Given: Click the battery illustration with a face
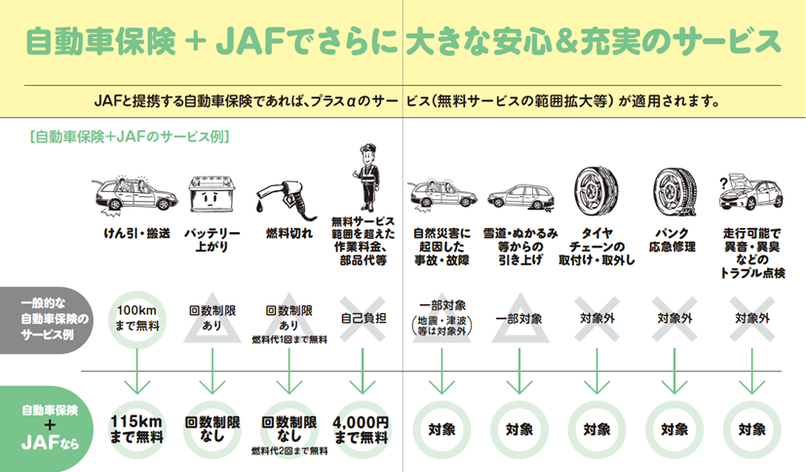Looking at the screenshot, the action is (x=212, y=194).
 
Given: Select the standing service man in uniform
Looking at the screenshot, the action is (x=366, y=177).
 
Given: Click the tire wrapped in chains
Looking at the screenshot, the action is (x=596, y=191).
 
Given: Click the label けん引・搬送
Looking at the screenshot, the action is (x=136, y=233).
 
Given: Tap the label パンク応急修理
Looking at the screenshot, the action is (x=672, y=240).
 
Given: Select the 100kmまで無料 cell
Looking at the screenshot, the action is (x=136, y=318).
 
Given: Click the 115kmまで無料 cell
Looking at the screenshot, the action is (x=136, y=429).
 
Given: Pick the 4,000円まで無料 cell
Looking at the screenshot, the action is (x=362, y=429).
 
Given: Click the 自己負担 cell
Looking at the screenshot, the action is (x=364, y=319).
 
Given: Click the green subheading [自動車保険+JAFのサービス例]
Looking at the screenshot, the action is (x=130, y=137).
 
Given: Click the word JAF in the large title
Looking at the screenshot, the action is (x=250, y=41).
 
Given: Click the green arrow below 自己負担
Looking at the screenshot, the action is (x=363, y=372).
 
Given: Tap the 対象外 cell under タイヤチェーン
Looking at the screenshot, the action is (x=596, y=319).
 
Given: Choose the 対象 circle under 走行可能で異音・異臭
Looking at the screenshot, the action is (x=752, y=429).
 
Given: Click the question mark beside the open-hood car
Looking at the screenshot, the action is (x=723, y=183).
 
